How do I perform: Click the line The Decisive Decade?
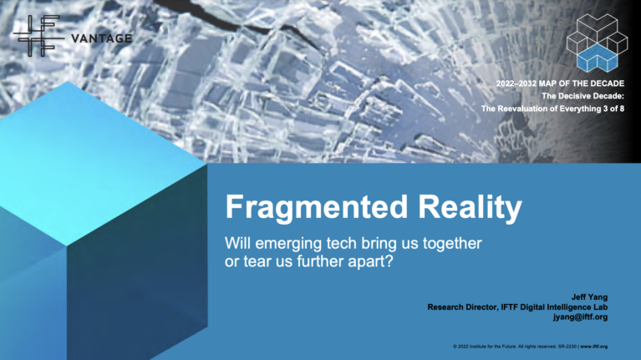[x=582, y=97]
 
